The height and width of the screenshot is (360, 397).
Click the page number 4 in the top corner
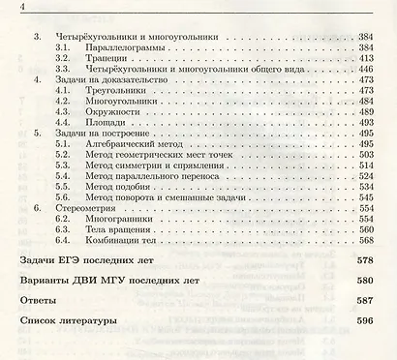point(10,9)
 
